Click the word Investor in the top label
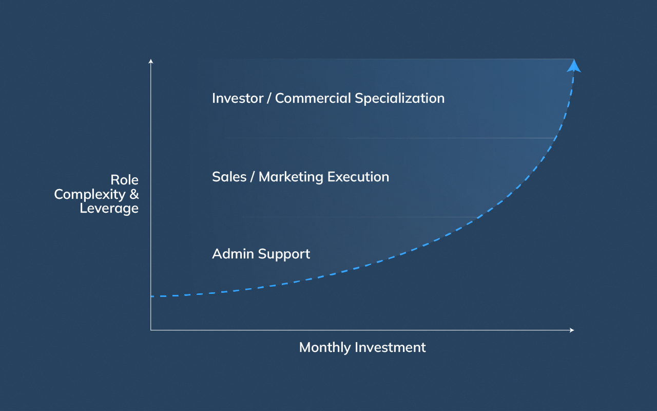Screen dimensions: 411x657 pos(237,98)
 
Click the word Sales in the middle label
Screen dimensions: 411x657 pos(228,177)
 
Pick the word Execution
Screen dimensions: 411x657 pos(358,177)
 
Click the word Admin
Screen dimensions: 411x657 pos(233,254)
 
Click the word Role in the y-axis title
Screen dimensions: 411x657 pos(125,180)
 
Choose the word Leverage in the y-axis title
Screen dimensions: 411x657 pos(109,209)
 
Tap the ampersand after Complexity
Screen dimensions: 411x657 pos(134,195)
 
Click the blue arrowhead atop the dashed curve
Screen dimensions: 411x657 pos(574,66)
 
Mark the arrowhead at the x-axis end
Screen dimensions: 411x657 pos(572,330)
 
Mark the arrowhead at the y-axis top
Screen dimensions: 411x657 pos(151,61)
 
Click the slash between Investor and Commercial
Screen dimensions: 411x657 pos(269,99)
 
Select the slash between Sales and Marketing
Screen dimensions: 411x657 pos(253,177)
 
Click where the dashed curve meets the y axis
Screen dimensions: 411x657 pos(151,296)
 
